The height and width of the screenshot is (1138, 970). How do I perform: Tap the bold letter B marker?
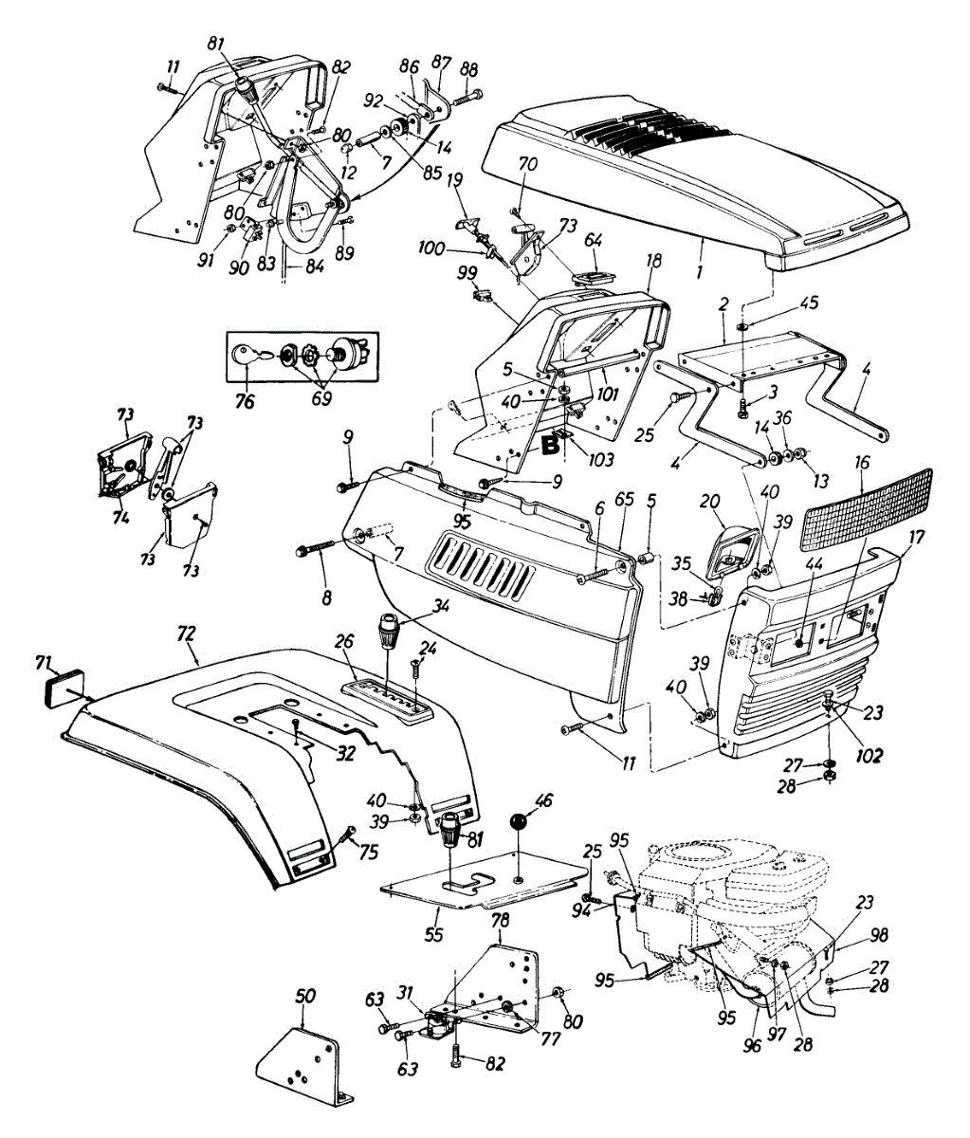tap(552, 444)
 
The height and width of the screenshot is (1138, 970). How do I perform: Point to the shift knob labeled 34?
tap(387, 631)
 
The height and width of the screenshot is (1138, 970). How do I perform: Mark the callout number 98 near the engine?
tap(880, 936)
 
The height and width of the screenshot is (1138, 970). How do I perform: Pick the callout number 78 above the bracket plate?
tap(501, 921)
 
